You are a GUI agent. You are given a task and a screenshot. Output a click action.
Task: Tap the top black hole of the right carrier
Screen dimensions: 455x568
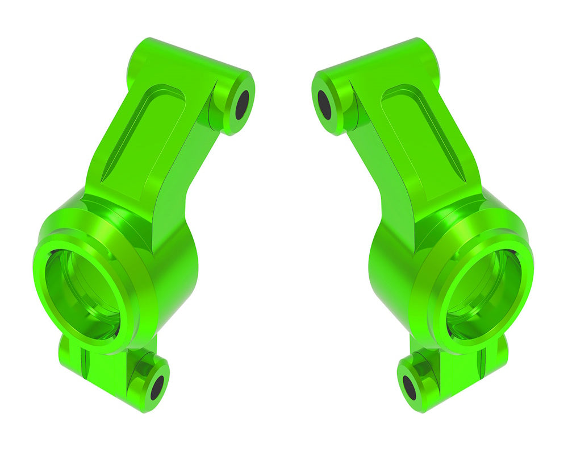pyautogui.click(x=325, y=104)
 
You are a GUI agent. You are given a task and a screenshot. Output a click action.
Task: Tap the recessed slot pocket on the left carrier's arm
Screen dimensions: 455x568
pyautogui.click(x=145, y=134)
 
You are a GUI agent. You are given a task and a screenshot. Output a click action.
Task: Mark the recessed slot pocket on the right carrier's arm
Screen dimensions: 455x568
pyautogui.click(x=423, y=134)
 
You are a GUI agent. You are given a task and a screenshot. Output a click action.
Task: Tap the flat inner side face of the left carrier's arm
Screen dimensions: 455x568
pyautogui.click(x=187, y=171)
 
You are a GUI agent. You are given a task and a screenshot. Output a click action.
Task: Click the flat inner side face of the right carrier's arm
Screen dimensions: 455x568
pyautogui.click(x=381, y=171)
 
